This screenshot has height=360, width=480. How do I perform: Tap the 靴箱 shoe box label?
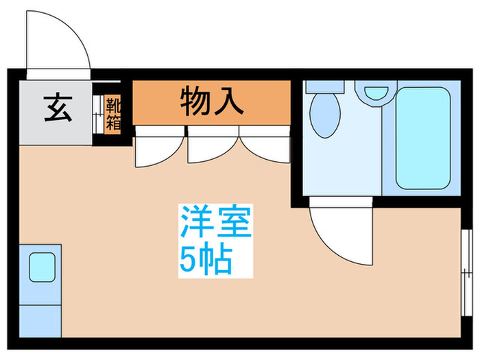[x=110, y=115]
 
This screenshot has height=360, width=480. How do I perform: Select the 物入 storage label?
[x=212, y=101]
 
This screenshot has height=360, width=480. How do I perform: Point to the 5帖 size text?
[x=206, y=259]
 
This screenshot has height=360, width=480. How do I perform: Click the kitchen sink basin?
[x=41, y=265]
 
